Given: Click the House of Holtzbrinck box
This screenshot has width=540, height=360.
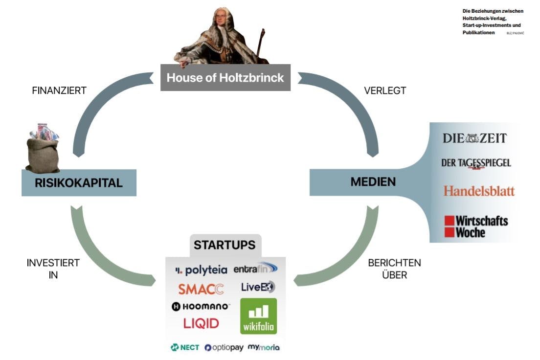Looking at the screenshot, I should pos(225,78).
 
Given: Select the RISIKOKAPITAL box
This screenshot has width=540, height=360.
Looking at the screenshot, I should pos(79,183).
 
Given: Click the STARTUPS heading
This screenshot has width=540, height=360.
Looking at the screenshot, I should pos(225,245).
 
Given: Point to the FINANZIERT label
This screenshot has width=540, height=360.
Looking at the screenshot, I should pos(59,90).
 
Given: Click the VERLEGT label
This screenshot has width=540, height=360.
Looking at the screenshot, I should pos(385,90).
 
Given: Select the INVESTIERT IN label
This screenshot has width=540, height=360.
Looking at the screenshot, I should pos(53,269).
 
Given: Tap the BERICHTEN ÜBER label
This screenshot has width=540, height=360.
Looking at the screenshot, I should pos(394,269).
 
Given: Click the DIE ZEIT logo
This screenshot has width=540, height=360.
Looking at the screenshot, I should pos(474,138).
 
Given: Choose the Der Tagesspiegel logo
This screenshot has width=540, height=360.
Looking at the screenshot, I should pos(475,163).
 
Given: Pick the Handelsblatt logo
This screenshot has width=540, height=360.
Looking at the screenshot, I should pos(479,191).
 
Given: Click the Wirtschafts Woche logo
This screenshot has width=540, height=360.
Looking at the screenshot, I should pos(476,226).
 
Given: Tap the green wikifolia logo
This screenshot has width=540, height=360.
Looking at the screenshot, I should pos(258,316).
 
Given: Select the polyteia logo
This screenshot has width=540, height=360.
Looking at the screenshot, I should pos(201,270).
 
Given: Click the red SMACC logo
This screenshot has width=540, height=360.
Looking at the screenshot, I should pos(201,289).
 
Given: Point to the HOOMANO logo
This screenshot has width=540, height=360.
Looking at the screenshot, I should pos(200,307).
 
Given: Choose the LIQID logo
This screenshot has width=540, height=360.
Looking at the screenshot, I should pos(201,323).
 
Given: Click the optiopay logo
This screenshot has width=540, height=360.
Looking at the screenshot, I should pos(224,347).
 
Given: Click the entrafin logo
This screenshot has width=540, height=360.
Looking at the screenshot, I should pos(255,269).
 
